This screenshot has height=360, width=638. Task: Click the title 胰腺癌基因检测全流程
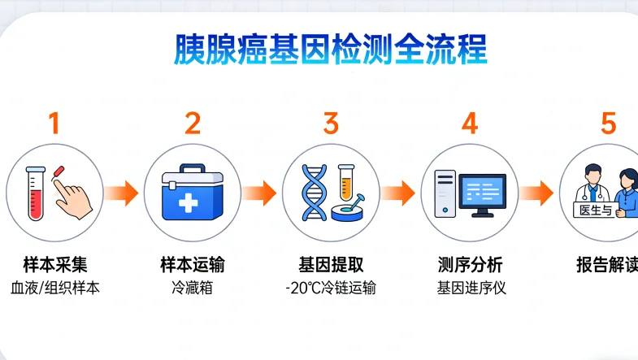click(331, 50)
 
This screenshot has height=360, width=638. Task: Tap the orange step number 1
click(54, 124)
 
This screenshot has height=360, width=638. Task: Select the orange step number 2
click(193, 124)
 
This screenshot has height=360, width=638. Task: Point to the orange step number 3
click(331, 124)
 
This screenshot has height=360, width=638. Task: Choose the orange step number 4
click(470, 124)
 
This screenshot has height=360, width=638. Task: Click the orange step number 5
click(609, 124)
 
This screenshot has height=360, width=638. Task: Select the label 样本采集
click(54, 265)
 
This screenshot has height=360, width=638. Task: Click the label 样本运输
click(193, 265)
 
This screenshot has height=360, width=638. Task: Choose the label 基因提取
click(331, 265)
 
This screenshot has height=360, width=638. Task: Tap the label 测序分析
click(470, 265)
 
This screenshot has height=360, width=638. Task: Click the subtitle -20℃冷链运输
click(331, 288)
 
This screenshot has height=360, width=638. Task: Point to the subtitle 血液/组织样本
click(54, 288)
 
